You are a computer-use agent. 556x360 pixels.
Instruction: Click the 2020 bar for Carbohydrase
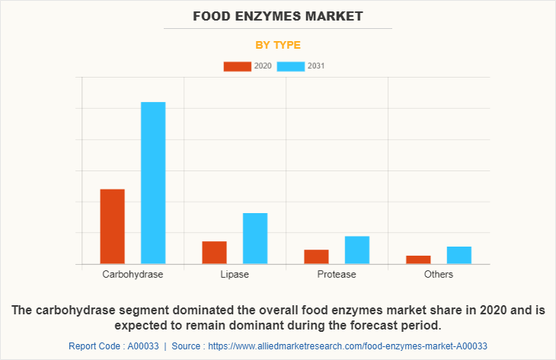(112, 226)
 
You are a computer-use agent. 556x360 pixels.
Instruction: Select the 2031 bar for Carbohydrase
(153, 183)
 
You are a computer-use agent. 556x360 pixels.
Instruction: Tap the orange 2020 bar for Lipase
(214, 252)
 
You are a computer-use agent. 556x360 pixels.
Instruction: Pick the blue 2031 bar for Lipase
(255, 238)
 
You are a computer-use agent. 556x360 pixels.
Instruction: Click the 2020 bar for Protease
(316, 256)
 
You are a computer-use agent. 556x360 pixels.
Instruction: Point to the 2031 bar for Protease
(357, 250)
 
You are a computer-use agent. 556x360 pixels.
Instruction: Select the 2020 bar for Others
(418, 260)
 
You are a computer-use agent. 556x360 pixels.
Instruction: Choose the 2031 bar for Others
(459, 255)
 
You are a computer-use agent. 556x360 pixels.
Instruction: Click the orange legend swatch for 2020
(237, 66)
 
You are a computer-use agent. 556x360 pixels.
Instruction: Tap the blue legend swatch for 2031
(290, 66)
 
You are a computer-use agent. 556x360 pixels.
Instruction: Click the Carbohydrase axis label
(133, 274)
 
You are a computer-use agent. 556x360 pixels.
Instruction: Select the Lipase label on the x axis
(235, 274)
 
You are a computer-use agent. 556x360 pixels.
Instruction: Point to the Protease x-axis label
(337, 274)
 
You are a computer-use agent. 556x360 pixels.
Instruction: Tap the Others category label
(439, 274)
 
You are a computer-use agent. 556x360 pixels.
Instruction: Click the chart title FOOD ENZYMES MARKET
(278, 15)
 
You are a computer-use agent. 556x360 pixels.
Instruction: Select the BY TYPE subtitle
(278, 44)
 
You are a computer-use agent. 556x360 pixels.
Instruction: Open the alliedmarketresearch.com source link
(347, 346)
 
